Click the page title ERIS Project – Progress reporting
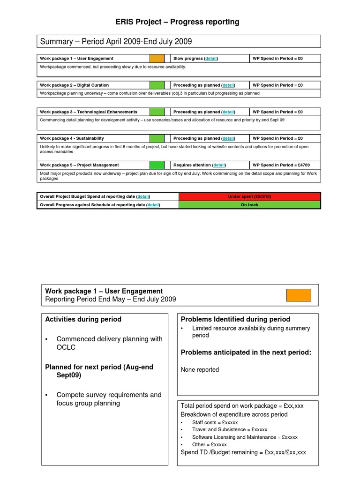178,22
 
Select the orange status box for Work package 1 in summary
157,59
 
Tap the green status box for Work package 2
157,85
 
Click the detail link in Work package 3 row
228,112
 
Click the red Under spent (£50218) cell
249,196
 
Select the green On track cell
249,205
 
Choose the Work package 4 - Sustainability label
72,138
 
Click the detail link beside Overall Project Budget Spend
143,196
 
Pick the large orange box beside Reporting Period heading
299,295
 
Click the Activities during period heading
83,319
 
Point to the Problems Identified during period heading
235,319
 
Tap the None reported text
200,369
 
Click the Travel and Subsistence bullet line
229,429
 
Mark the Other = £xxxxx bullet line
209,444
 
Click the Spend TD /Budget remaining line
243,452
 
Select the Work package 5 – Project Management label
79,165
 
